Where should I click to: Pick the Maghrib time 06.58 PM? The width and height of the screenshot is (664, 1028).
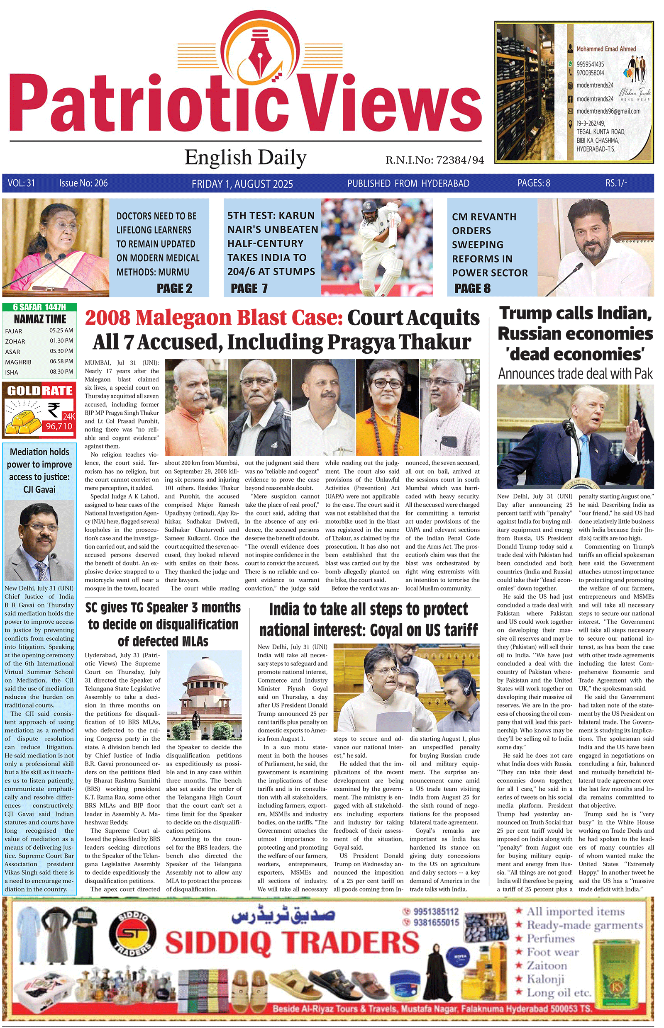tap(61, 362)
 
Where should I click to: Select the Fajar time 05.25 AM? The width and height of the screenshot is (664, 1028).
tap(61, 331)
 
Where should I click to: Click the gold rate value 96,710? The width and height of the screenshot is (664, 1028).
tap(59, 426)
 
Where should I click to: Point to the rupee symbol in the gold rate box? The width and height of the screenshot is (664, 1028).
tap(54, 409)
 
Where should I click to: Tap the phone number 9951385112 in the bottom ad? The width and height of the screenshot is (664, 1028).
tap(436, 911)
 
